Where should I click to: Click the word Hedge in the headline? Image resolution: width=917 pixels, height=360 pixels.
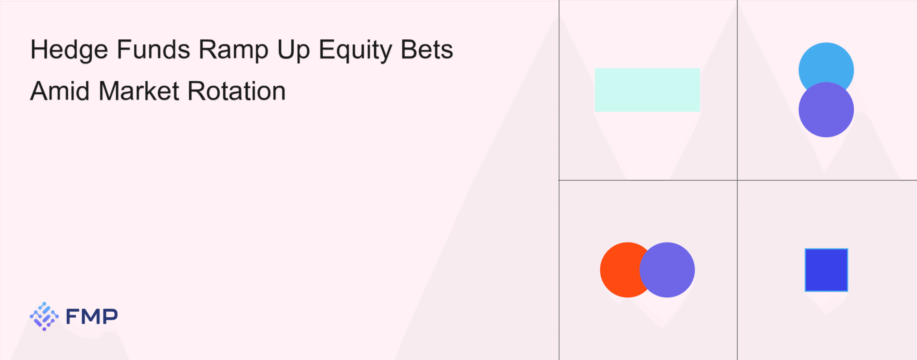click(69, 50)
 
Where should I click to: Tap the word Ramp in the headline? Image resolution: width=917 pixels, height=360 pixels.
click(234, 50)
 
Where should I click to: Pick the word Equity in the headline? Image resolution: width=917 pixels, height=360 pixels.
click(355, 50)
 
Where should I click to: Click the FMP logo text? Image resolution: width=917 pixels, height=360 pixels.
click(92, 316)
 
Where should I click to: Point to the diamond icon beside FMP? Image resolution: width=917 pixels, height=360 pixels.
click(44, 316)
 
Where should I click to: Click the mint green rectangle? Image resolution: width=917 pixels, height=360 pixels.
click(647, 90)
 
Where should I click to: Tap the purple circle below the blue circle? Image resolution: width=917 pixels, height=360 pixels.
click(826, 110)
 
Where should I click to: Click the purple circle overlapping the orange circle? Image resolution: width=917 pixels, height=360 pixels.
click(667, 270)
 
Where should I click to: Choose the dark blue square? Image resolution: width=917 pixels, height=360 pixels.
click(826, 270)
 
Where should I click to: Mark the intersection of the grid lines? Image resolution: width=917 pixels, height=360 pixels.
click(737, 180)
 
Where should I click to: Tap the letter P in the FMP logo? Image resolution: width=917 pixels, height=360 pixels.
click(110, 316)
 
